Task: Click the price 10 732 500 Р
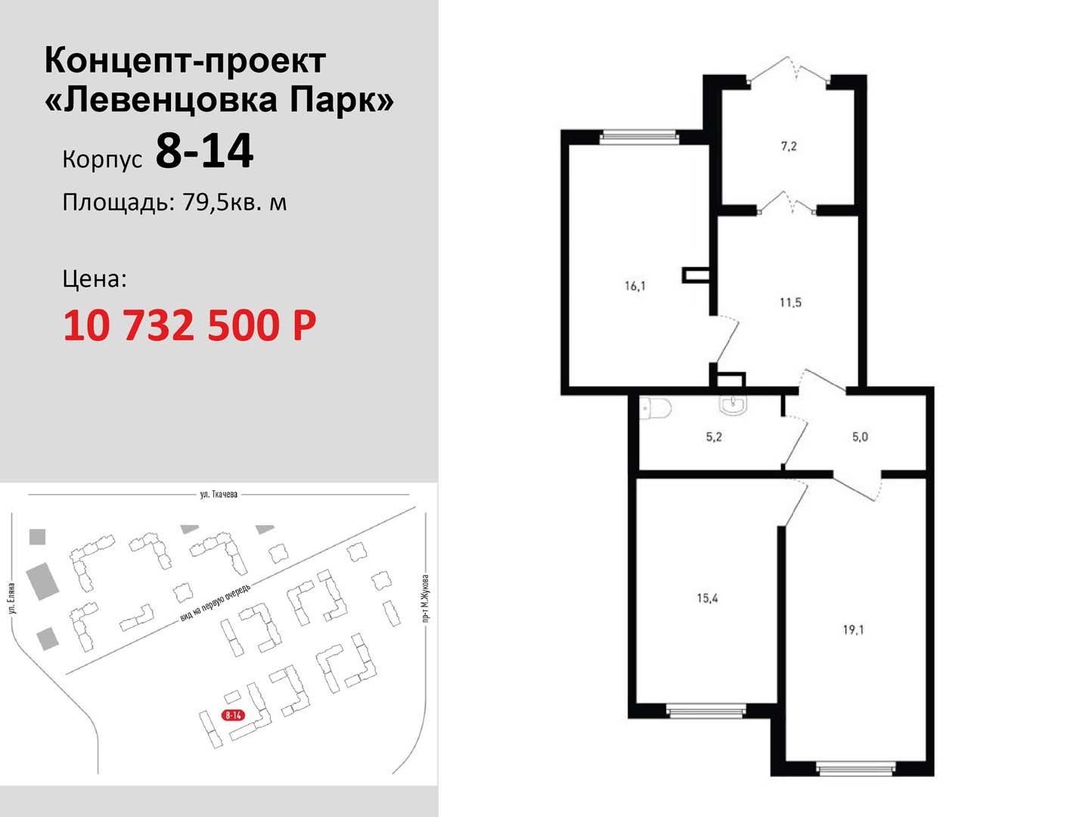[x=190, y=325]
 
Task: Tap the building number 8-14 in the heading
[x=204, y=151]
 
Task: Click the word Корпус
[x=102, y=160]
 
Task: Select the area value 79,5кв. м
[x=234, y=203]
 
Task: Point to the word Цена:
[x=95, y=279]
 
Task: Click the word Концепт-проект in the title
[x=185, y=61]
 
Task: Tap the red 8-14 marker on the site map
[x=233, y=715]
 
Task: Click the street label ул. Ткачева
[x=219, y=494]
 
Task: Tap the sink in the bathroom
[x=732, y=404]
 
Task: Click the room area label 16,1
[x=635, y=286]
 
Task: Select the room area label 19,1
[x=853, y=630]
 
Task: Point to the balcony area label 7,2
[x=788, y=146]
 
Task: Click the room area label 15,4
[x=707, y=598]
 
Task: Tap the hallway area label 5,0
[x=860, y=437]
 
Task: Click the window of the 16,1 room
[x=638, y=138]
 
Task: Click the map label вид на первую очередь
[x=215, y=603]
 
